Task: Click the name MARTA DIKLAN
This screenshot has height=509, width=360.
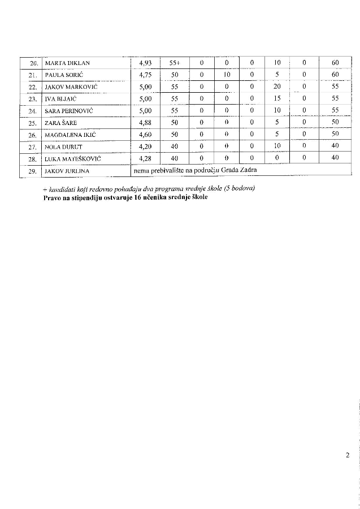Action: pos(67,63)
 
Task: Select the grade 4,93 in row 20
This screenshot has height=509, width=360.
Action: pos(145,63)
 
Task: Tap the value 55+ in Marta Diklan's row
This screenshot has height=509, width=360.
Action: pos(174,63)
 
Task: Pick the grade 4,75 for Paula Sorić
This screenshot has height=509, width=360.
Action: pos(145,75)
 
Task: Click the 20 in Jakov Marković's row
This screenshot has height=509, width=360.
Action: pos(277,87)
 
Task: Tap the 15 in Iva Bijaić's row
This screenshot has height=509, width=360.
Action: pos(277,99)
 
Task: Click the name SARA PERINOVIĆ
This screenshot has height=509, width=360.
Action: pos(68,111)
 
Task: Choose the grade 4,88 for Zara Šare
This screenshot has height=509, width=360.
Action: pos(145,123)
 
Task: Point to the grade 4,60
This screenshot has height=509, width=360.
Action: pos(145,135)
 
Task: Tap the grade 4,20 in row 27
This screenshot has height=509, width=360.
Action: pos(145,146)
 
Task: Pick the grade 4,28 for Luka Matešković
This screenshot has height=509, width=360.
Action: pos(145,158)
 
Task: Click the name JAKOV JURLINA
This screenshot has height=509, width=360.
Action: pos(67,170)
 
